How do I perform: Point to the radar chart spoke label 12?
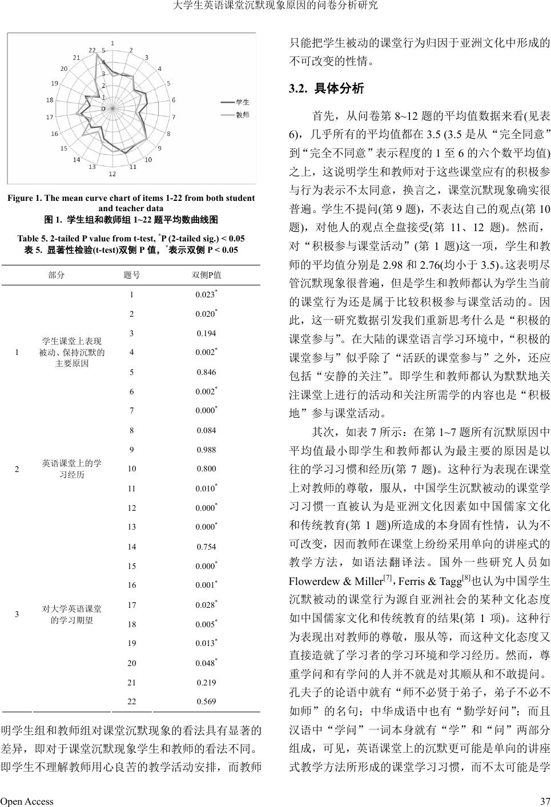pyautogui.click(x=112, y=173)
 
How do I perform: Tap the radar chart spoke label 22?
pyautogui.click(x=92, y=50)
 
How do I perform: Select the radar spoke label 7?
pyautogui.click(x=174, y=117)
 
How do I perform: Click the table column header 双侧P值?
pyautogui.click(x=206, y=275)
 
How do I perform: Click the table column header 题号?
pyautogui.click(x=132, y=275)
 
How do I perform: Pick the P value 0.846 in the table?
pyautogui.click(x=206, y=372)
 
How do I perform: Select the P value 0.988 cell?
pyautogui.click(x=206, y=450)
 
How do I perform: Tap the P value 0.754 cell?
pyautogui.click(x=206, y=547)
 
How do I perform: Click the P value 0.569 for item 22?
pyautogui.click(x=206, y=701)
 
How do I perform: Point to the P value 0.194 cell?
pyautogui.click(x=206, y=333)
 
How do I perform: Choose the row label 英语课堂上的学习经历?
pyautogui.click(x=72, y=469)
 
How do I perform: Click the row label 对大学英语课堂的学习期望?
pyautogui.click(x=72, y=614)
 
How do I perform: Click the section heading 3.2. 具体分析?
pyautogui.click(x=326, y=88)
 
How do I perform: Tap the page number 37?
pyautogui.click(x=545, y=801)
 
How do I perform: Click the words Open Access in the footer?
pyautogui.click(x=27, y=801)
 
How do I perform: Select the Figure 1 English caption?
pyautogui.click(x=131, y=203)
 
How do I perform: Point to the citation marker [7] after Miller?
pyautogui.click(x=387, y=578)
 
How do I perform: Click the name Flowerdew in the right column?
pyautogui.click(x=315, y=582)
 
